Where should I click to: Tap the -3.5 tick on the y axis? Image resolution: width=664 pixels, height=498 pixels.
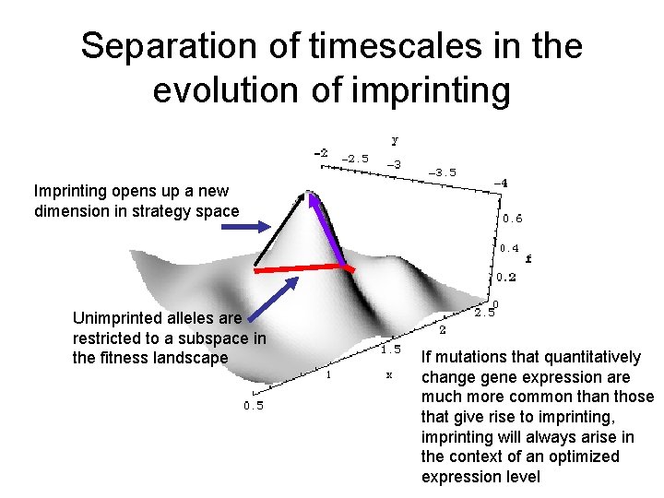pyautogui.click(x=441, y=172)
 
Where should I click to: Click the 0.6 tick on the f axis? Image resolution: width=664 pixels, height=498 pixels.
pyautogui.click(x=512, y=219)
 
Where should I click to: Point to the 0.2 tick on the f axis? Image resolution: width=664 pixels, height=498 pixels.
pyautogui.click(x=506, y=277)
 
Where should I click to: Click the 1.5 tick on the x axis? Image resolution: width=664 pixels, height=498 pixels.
pyautogui.click(x=392, y=350)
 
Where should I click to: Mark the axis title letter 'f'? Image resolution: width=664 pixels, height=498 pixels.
pyautogui.click(x=528, y=259)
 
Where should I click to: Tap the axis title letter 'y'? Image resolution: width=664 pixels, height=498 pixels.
pyautogui.click(x=396, y=140)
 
